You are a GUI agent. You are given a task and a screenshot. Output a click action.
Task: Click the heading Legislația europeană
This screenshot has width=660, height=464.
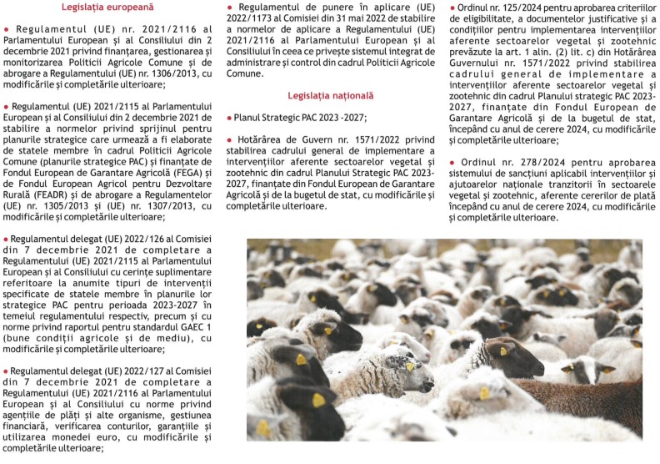97,8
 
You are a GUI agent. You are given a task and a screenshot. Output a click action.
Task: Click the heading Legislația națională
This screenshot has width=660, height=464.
319,96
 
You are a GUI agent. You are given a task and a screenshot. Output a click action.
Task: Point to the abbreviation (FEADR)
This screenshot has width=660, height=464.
43,190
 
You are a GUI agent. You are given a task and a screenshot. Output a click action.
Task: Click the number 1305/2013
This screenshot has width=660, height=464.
58,202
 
